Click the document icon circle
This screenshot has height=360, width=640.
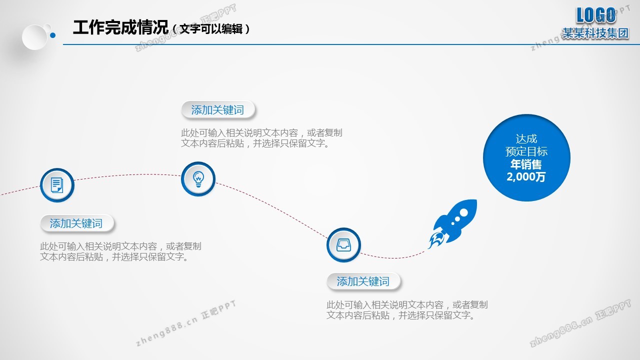tap(57, 185)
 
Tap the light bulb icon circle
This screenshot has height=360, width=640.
tap(198, 179)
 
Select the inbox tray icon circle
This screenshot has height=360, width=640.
tap(343, 245)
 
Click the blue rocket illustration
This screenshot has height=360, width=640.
tap(453, 223)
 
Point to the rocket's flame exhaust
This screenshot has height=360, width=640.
tap(435, 240)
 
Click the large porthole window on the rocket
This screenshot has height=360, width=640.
tap(463, 212)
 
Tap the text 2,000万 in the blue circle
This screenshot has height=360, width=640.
tap(526, 177)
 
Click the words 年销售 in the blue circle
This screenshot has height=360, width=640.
tap(526, 164)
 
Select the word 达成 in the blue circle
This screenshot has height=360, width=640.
tap(526, 139)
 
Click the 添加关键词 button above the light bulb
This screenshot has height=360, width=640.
tap(217, 109)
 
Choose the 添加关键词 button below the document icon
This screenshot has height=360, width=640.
tap(76, 223)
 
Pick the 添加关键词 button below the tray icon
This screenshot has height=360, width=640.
tap(363, 281)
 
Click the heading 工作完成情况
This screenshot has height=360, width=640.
tap(120, 27)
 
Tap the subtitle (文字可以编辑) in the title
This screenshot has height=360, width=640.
tap(211, 29)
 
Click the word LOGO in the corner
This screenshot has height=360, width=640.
tap(596, 15)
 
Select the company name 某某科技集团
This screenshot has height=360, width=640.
tap(595, 33)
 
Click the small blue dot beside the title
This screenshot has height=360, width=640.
tap(53, 35)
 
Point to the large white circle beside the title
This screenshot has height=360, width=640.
tap(34, 37)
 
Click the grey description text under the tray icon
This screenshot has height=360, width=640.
tap(407, 310)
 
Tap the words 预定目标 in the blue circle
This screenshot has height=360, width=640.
tap(526, 151)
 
